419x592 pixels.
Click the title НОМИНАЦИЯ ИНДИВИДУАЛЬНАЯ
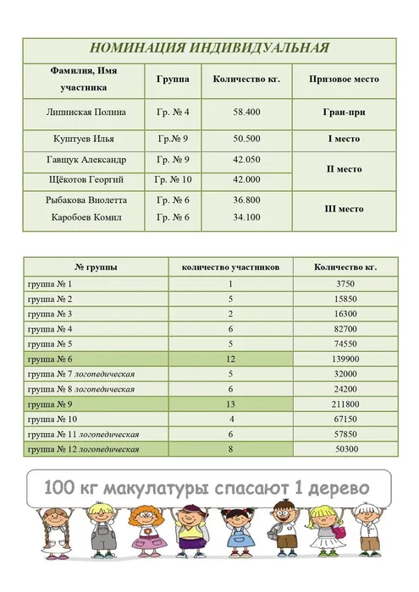[209, 48]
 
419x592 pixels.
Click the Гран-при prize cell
[344, 112]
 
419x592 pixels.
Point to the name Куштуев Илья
[80, 139]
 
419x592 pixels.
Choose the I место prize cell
[344, 139]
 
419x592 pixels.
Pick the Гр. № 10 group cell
[173, 179]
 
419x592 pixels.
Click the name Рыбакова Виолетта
[86, 200]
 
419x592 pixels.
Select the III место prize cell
[344, 209]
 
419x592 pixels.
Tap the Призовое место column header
[344, 79]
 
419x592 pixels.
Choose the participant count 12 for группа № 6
[229, 359]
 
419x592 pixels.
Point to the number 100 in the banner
[59, 489]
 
